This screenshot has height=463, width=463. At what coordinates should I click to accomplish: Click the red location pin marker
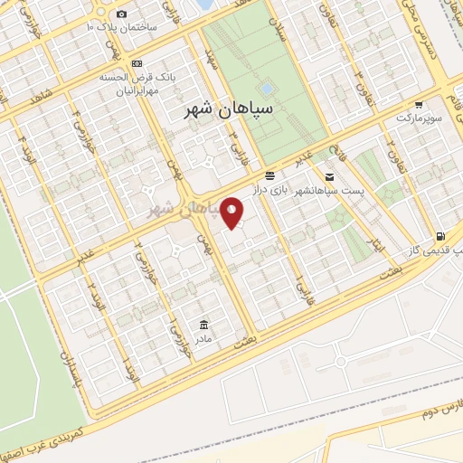(232, 213)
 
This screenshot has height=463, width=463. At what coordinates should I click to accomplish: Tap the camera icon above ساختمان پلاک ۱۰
(122, 14)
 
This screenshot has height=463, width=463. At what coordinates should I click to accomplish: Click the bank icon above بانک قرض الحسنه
(137, 64)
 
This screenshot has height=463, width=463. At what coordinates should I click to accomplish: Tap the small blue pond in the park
(266, 89)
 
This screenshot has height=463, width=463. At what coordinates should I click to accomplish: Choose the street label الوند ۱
(133, 372)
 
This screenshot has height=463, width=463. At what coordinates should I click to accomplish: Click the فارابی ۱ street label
(297, 289)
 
